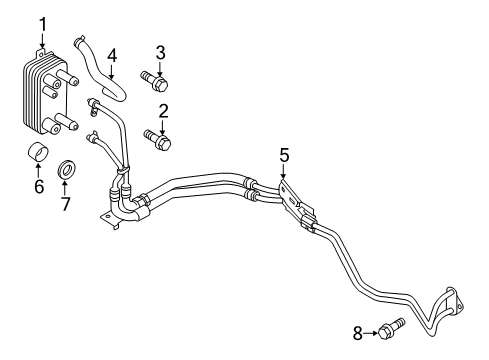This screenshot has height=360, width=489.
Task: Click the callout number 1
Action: pyautogui.click(x=42, y=24)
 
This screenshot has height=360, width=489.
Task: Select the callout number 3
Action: pyautogui.click(x=159, y=52)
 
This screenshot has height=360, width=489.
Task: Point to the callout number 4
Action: pyautogui.click(x=112, y=55)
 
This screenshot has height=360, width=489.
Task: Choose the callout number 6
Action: pyautogui.click(x=39, y=186)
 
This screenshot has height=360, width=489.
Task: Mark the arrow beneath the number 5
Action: pyautogui.click(x=284, y=171)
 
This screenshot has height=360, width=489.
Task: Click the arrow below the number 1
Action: pyautogui.click(x=42, y=40)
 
